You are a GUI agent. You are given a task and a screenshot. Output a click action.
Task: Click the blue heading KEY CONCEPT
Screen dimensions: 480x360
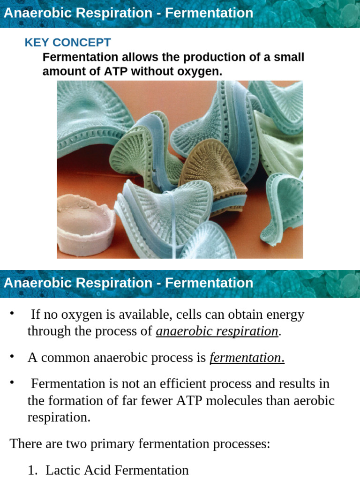[67, 43]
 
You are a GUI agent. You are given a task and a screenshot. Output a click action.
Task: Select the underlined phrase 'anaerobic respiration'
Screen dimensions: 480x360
[217, 331]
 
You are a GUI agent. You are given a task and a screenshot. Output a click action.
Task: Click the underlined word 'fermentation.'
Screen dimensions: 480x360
[247, 358]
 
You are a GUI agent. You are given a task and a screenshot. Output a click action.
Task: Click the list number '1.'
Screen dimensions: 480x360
[32, 470]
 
